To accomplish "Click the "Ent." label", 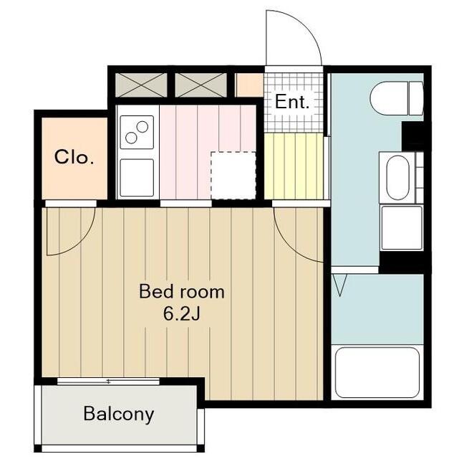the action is (292, 102).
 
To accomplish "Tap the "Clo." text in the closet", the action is (74, 157).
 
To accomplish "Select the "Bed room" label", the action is (181, 292).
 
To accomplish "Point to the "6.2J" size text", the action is (181, 314).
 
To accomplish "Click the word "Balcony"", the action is (119, 414).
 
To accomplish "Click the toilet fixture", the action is (397, 98).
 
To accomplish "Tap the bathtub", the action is (377, 372).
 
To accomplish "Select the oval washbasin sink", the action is (398, 178).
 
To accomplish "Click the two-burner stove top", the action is (137, 133).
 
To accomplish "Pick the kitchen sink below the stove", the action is (137, 178).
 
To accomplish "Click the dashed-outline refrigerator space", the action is (233, 176).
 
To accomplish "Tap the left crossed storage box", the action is (141, 85).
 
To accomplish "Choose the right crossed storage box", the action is (200, 85).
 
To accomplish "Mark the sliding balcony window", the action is (108, 382).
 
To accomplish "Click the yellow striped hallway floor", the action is (294, 166).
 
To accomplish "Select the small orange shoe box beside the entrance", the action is (249, 85).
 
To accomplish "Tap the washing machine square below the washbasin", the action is (402, 228).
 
